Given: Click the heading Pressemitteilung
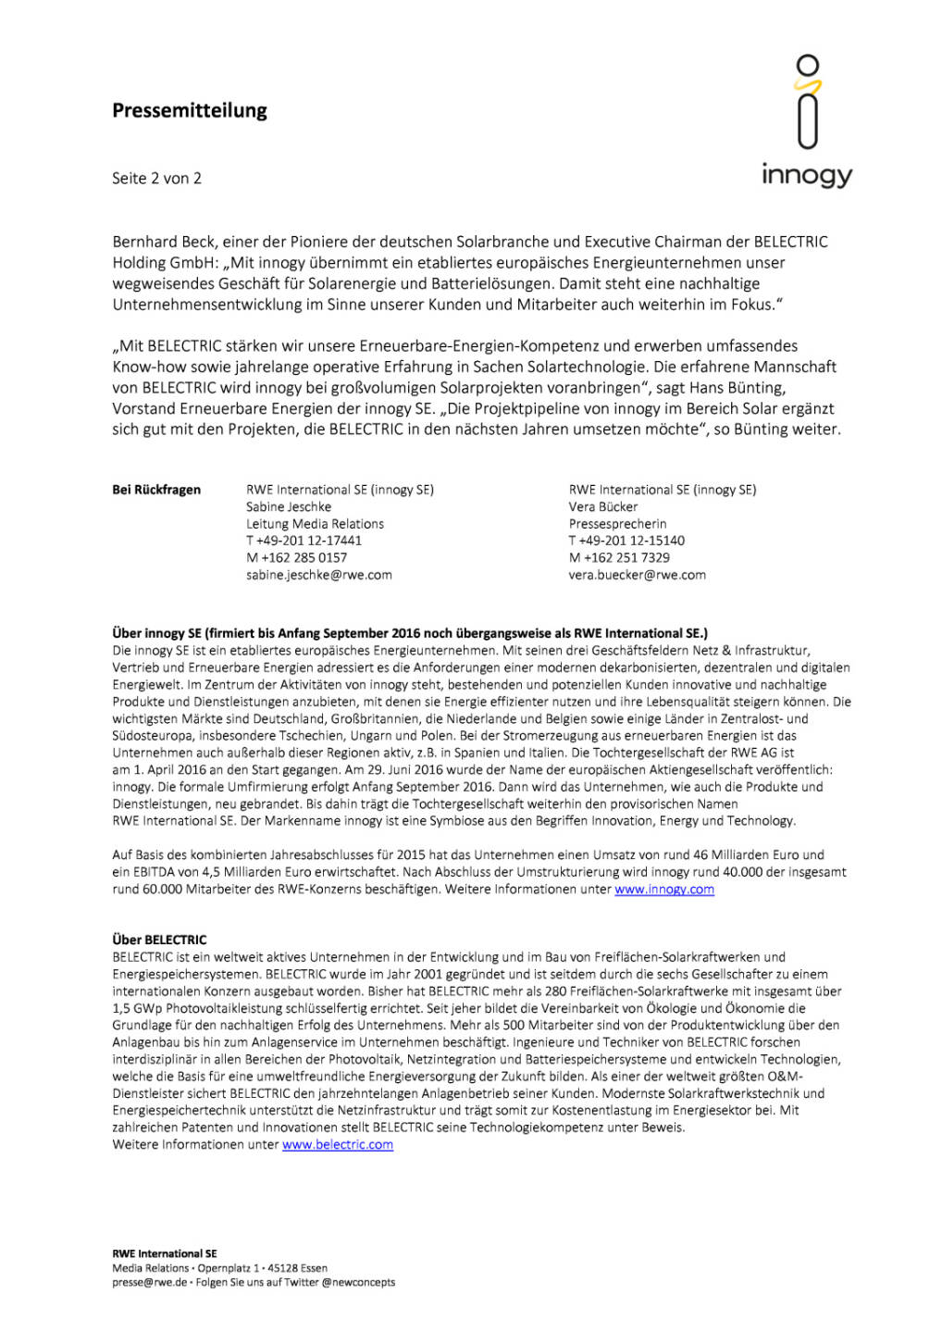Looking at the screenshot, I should tap(190, 111).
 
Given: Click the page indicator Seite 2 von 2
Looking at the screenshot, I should tap(156, 179).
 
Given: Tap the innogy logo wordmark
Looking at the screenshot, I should tap(806, 174).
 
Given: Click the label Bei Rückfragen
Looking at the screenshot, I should tap(156, 490).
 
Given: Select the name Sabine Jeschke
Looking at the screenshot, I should tap(288, 507).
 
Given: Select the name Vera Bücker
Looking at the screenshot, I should tap(602, 507).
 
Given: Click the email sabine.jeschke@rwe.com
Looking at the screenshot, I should tap(318, 575).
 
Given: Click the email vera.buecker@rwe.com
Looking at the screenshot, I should tap(637, 575).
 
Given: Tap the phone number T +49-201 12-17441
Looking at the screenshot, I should tap(304, 541).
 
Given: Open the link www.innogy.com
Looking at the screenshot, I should tap(663, 890).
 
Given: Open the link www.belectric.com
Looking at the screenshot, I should tap(337, 1145).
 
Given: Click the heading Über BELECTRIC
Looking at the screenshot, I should tap(159, 940).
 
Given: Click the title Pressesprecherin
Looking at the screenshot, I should tap(617, 524).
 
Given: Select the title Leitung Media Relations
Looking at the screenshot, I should tap(315, 524).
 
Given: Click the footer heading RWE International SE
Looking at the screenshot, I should tap(165, 1253).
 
